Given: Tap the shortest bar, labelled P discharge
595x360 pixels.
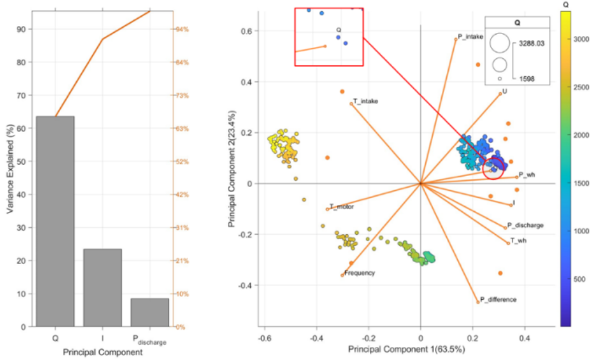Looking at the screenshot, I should tap(149, 312).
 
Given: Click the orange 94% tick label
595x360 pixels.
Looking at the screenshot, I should tap(181, 29).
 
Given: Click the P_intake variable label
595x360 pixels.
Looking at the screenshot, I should tap(470, 37).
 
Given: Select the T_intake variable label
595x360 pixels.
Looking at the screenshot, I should tap(366, 101).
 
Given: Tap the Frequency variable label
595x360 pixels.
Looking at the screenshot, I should tap(359, 273).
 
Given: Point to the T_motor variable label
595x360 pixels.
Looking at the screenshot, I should tap(342, 206).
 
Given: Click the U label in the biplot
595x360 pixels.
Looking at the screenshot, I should tap(505, 91).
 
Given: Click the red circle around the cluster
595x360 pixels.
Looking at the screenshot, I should tap(493, 168).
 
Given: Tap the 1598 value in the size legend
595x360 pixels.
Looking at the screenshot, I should tap(527, 79).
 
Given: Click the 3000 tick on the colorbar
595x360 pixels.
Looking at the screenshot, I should tap(580, 38).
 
